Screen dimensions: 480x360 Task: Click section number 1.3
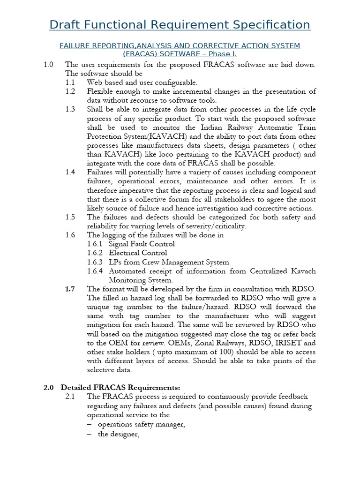tap(70, 109)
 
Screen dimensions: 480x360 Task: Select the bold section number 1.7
tap(70, 289)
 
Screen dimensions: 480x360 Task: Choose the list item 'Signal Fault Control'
tap(142, 244)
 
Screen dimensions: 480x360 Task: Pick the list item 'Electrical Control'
tap(138, 253)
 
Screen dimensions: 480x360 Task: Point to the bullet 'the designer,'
tap(119, 434)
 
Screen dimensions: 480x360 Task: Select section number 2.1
tap(70, 397)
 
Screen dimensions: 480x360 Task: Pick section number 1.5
tap(70, 217)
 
